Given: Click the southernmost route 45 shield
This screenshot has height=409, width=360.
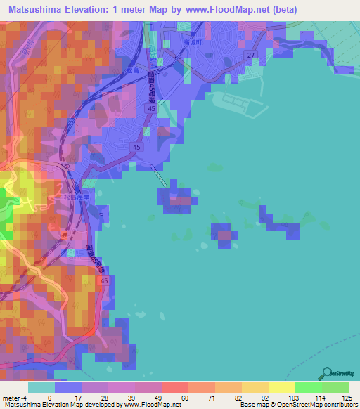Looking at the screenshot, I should click(104, 280).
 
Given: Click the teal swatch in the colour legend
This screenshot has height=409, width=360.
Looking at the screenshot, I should click(41, 387).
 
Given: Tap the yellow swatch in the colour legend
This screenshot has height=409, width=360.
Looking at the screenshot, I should click(255, 387).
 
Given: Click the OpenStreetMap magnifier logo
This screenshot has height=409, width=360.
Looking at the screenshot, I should click(328, 373).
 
